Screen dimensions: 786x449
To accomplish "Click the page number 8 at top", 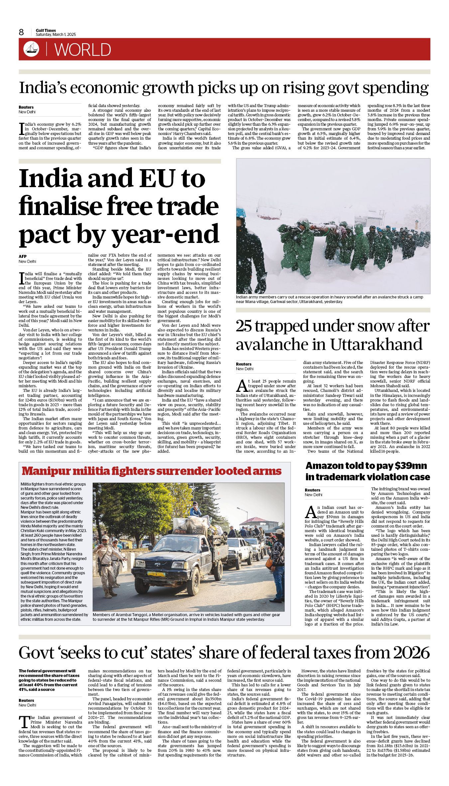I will click(x=22, y=32).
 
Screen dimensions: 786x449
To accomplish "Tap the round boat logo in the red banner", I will click(x=31, y=49).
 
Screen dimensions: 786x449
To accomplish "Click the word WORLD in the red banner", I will click(x=82, y=50).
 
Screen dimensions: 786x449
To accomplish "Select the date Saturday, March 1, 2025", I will click(x=56, y=35).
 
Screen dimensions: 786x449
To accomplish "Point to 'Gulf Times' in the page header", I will click(x=46, y=30).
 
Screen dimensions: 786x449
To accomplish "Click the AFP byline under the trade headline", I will click(x=23, y=256).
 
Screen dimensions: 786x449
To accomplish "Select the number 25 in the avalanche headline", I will click(x=246, y=326).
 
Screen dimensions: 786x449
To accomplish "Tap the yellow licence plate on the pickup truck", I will click(x=156, y=574).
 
